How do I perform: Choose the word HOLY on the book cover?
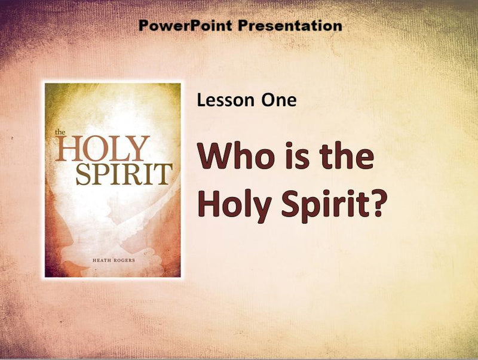tap(102, 149)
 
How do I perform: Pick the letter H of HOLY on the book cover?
tap(67, 149)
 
